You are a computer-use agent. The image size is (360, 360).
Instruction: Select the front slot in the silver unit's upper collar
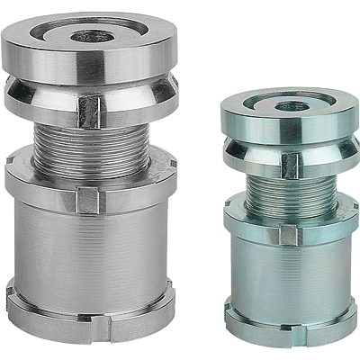[x=91, y=110]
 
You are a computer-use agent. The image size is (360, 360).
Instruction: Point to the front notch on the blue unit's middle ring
[x=288, y=236]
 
